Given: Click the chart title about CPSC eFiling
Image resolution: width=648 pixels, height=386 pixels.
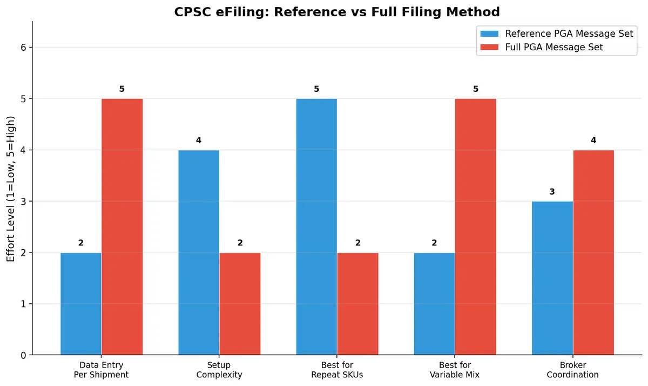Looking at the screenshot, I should click(x=337, y=11).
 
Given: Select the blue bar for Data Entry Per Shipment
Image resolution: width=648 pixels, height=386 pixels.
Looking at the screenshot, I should click(x=80, y=303).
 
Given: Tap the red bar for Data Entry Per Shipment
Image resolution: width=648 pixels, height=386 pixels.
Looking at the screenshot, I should click(x=122, y=227).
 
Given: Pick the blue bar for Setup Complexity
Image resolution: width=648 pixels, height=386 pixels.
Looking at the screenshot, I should click(x=199, y=252).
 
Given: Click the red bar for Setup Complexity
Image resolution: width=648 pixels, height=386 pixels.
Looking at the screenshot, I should click(x=240, y=303).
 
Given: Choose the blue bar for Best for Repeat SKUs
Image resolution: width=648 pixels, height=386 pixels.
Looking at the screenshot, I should click(x=316, y=227).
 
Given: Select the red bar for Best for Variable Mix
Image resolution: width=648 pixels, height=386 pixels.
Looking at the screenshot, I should click(x=475, y=227).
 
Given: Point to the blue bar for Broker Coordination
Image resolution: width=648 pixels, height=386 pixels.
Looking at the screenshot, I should click(x=552, y=278).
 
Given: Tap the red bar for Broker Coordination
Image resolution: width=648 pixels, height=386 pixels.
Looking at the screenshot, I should click(x=593, y=252).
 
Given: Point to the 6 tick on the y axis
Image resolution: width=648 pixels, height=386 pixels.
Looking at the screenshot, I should click(x=24, y=48).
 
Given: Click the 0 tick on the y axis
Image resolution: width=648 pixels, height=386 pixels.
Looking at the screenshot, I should click(x=24, y=355).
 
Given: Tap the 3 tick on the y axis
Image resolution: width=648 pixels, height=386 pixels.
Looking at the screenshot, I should click(x=24, y=201).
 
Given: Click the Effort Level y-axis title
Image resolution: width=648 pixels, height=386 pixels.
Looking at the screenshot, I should click(x=11, y=188).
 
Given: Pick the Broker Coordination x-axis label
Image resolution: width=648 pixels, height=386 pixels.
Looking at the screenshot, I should click(x=573, y=370).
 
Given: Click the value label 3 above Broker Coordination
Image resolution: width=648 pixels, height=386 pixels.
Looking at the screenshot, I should click(x=552, y=191).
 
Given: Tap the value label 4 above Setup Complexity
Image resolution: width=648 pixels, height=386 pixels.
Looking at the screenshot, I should click(x=199, y=140).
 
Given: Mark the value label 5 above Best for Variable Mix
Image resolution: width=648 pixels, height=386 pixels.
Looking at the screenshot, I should click(x=475, y=89).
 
